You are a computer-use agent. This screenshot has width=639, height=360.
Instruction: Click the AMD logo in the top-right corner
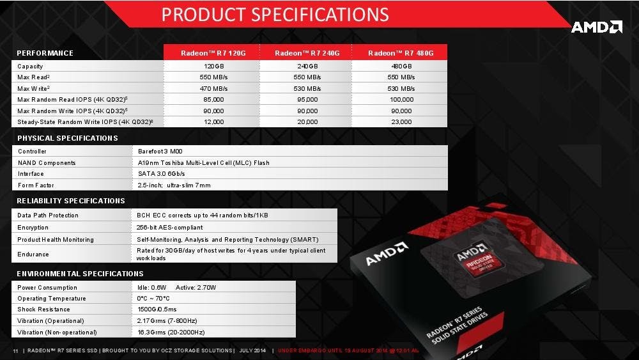596,27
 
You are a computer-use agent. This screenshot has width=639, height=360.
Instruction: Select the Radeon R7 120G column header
212,53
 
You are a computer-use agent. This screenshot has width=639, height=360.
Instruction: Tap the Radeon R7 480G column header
401,53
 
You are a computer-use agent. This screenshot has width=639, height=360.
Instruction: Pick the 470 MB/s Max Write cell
214,88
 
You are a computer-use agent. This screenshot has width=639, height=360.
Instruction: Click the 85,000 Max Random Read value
214,100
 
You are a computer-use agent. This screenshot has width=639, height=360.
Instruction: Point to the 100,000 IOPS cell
401,100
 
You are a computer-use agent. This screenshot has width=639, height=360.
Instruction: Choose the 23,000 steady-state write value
401,121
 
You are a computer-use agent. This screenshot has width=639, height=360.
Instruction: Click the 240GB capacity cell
307,67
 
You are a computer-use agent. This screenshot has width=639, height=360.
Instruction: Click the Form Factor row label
35,185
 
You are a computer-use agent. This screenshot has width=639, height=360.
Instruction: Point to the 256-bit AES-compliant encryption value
170,227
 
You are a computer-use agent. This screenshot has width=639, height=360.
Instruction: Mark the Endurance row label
33,254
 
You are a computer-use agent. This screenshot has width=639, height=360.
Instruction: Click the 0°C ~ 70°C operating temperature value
153,299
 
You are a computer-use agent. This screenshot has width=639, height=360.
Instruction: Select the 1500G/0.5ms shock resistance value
157,309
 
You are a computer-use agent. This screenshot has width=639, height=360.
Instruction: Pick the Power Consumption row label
47,288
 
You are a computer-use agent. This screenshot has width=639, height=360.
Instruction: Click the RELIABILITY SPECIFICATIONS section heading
71,201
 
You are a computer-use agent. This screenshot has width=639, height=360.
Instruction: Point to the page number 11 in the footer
15,350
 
